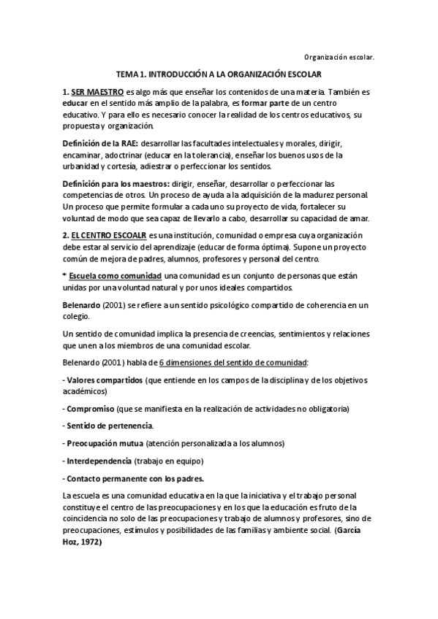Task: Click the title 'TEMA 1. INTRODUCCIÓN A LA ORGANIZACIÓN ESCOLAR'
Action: pyautogui.click(x=219, y=74)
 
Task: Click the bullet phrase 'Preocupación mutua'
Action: pyautogui.click(x=104, y=443)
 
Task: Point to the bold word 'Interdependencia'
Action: pyautogui.click(x=98, y=461)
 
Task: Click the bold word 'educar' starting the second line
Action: pyautogui.click(x=76, y=104)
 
